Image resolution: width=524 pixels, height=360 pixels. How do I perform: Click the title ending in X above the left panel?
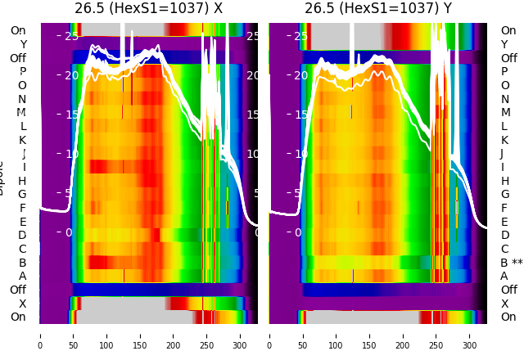[x=148, y=9]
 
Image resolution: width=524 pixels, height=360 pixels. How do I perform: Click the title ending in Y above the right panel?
[x=378, y=9]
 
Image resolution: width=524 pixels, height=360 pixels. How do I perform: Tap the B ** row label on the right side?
[x=512, y=263]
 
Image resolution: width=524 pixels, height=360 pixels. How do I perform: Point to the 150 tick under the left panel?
[x=140, y=335]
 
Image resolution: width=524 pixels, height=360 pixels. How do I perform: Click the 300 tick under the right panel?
[x=470, y=335]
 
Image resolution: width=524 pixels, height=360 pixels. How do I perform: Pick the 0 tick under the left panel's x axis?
[x=40, y=335]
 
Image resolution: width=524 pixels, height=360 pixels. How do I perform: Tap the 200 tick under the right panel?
[x=403, y=335]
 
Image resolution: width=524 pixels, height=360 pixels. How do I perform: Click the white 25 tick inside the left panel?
[x=72, y=36]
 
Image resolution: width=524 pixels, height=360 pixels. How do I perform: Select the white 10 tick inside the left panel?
[x=72, y=154]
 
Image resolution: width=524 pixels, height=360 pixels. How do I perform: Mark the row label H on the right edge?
[x=504, y=181]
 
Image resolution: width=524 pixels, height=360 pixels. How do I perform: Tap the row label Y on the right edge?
[x=504, y=45]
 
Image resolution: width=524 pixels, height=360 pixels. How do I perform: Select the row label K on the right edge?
[x=504, y=140]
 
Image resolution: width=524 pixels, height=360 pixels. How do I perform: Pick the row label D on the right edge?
[x=504, y=236]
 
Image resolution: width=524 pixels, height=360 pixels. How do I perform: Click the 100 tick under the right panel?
[x=336, y=335]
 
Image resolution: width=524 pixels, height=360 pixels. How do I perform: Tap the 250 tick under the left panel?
[x=207, y=335]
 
